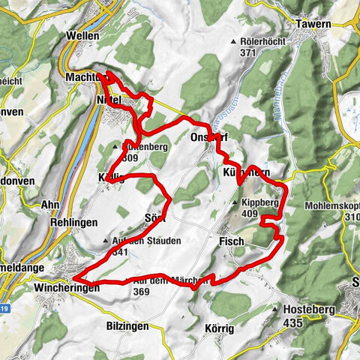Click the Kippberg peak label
click(x=260, y=203)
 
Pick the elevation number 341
click(x=119, y=253)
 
